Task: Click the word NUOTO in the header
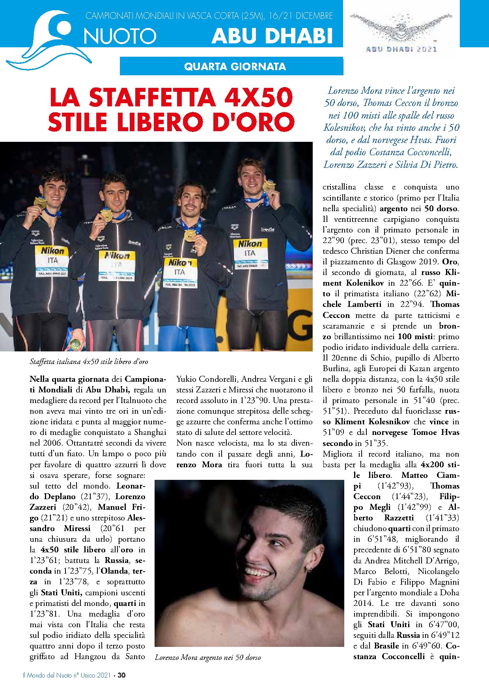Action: tap(120, 36)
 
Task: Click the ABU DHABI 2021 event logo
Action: tap(401, 32)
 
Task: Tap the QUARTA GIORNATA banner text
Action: tap(235, 66)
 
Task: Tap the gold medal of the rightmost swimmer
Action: tap(269, 186)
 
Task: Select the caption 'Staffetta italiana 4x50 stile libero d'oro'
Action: tap(89, 362)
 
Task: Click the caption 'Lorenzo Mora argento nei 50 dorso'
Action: tap(207, 657)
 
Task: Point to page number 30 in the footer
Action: tap(121, 675)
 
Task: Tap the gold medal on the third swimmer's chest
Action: tap(190, 235)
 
